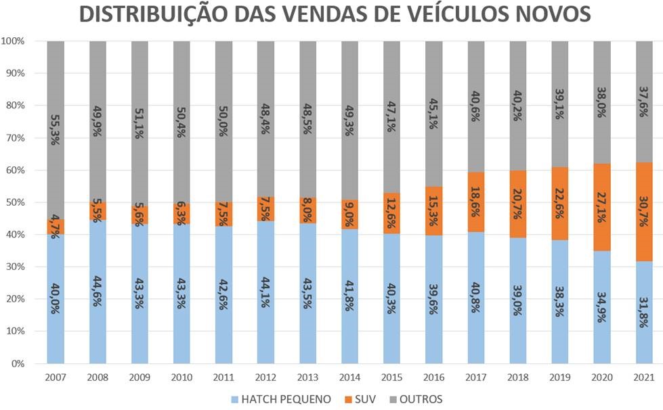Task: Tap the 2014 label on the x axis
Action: click(350, 378)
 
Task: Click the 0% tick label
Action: click(18, 364)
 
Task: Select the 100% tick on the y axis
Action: click(13, 41)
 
